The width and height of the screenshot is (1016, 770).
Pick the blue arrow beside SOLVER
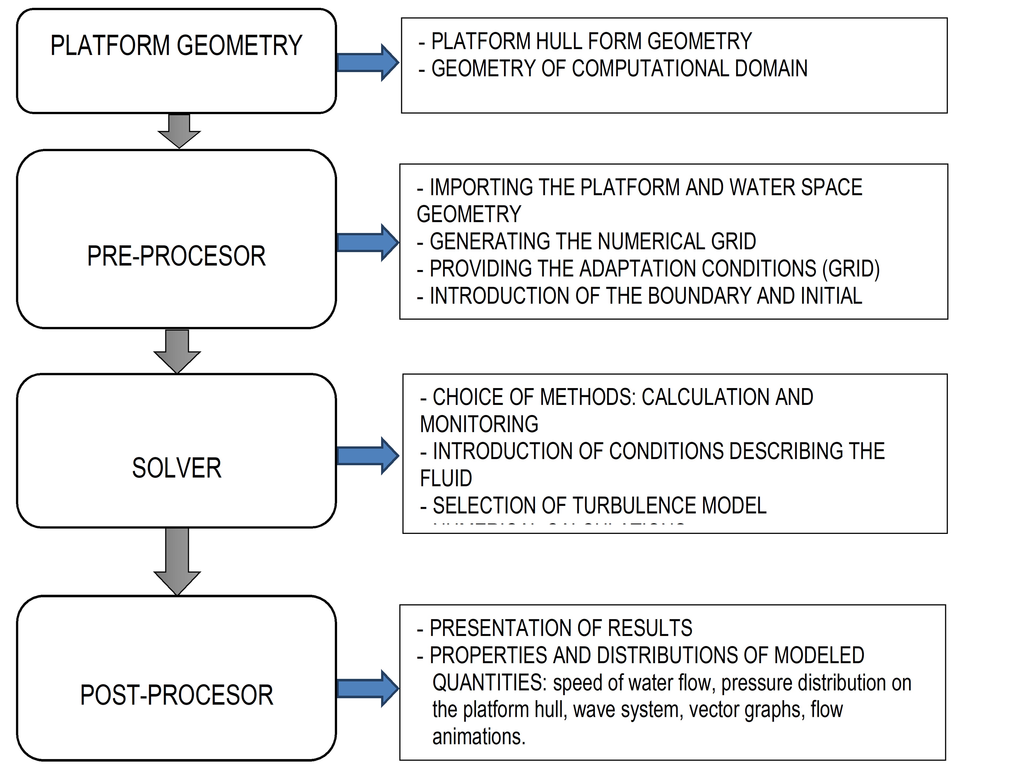[x=368, y=455]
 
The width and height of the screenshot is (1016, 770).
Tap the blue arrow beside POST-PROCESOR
[x=368, y=688]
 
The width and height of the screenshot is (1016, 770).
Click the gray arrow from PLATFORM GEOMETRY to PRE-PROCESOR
[x=179, y=131]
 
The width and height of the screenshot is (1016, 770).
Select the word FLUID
[x=446, y=478]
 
